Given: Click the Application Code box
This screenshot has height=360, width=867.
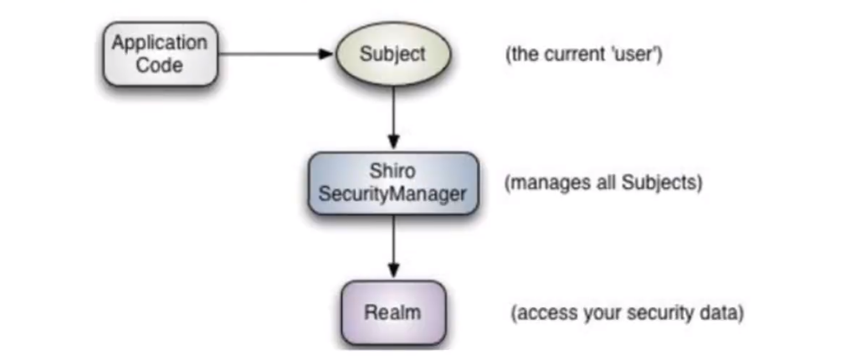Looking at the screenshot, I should click(x=160, y=54).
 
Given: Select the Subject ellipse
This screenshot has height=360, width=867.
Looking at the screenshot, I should click(x=392, y=54).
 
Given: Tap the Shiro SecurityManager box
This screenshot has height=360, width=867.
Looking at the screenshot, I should click(x=392, y=183).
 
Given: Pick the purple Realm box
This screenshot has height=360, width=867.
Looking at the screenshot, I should click(x=392, y=314).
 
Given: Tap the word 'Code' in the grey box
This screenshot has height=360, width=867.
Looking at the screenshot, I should click(x=160, y=64).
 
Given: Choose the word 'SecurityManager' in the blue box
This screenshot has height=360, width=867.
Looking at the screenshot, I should click(x=392, y=194).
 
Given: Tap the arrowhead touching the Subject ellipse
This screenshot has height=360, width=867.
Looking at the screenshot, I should click(x=327, y=54).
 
